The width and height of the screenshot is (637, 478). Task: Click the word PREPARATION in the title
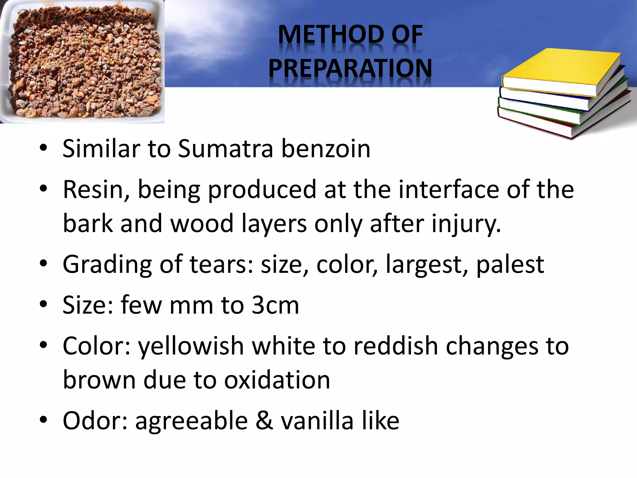pyautogui.click(x=350, y=68)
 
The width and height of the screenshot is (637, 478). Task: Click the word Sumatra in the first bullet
pyautogui.click(x=226, y=149)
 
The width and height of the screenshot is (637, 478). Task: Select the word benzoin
pyautogui.click(x=326, y=149)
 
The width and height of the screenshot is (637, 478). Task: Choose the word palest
pyautogui.click(x=510, y=265)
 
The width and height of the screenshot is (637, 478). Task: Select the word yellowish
pyautogui.click(x=191, y=346)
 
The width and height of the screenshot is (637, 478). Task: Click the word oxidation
pyautogui.click(x=277, y=380)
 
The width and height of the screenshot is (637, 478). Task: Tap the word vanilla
pyautogui.click(x=317, y=421)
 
